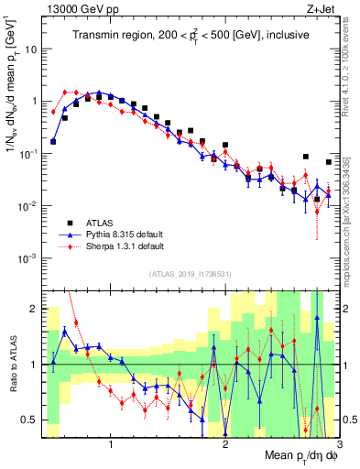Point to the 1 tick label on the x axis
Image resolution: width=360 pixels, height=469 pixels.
coord(111,443)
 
